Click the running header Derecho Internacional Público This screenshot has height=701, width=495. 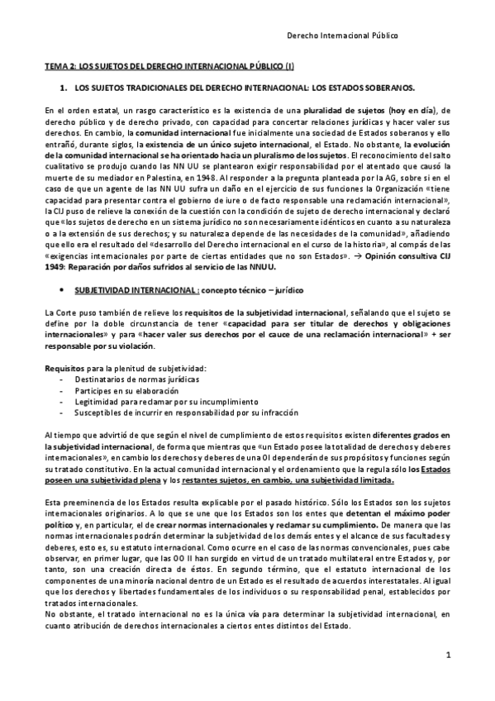point(341,36)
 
